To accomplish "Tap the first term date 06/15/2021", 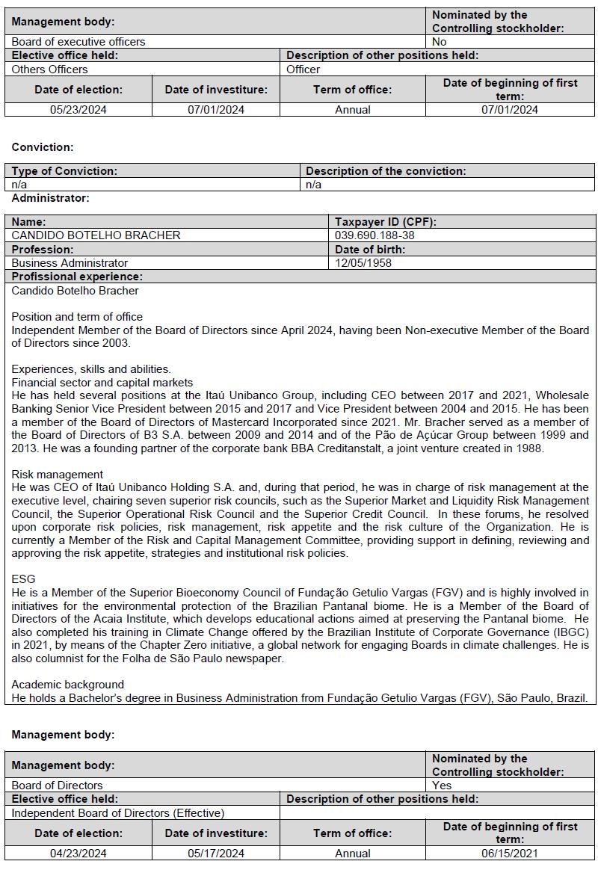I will click(510, 854).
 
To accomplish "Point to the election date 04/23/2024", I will click(78, 854).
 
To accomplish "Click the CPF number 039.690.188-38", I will click(374, 235).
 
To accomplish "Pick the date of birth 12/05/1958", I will click(363, 263).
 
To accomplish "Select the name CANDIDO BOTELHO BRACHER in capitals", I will click(96, 235).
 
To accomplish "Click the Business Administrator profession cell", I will click(70, 263).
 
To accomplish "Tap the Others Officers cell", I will click(49, 70).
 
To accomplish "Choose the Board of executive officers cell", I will click(78, 42).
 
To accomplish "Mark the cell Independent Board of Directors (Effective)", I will click(118, 813).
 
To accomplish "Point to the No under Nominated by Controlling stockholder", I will click(440, 42).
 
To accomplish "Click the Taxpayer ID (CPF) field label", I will click(385, 222).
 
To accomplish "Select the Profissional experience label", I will click(77, 277).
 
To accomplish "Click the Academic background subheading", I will click(68, 685).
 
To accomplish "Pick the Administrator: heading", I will click(50, 198).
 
